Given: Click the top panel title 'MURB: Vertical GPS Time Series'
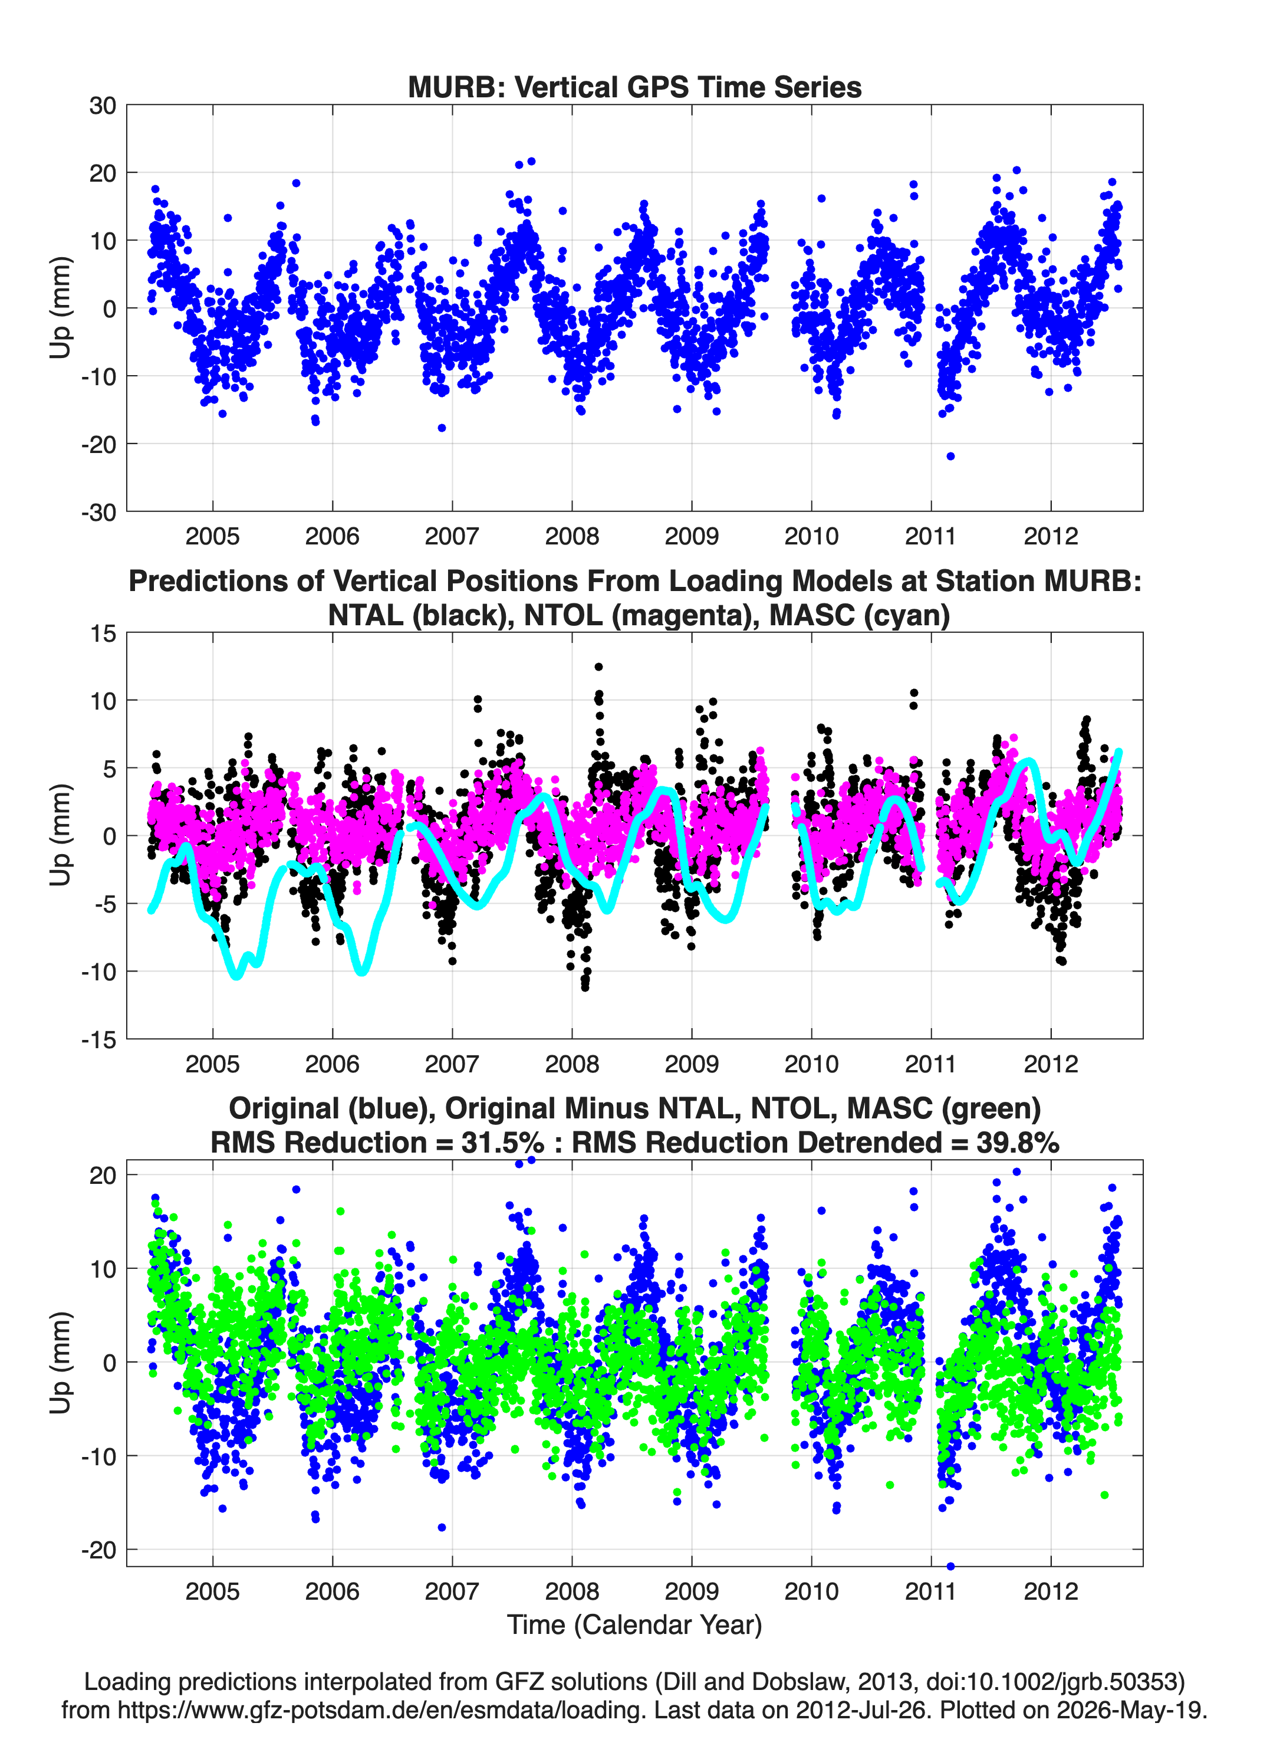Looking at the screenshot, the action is point(634,87).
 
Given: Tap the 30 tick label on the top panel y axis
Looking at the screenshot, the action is point(103,106).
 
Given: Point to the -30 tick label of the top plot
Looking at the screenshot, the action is point(98,512).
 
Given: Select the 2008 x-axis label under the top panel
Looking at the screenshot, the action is point(571,536).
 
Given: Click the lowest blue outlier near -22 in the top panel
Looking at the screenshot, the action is point(950,456).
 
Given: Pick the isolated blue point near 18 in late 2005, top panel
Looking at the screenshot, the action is point(296,183).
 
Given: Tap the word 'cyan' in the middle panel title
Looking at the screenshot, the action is point(906,615).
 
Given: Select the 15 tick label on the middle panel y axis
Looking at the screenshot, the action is point(103,634).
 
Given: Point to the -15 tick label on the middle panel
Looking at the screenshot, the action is point(98,1040).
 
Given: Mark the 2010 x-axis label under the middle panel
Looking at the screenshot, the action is point(811,1064).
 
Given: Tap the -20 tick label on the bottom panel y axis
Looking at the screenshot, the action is point(98,1550).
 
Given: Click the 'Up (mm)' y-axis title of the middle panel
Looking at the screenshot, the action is point(61,835).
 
